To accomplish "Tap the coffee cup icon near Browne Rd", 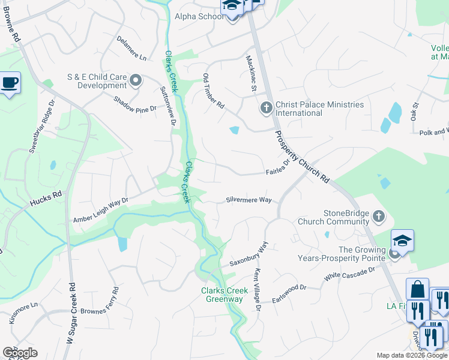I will (x=10, y=82).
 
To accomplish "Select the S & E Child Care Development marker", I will (x=136, y=80).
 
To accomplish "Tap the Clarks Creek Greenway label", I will (x=224, y=295).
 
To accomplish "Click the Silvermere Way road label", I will (x=249, y=200).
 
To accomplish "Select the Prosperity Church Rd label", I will (x=303, y=157).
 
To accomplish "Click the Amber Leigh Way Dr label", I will (x=101, y=211).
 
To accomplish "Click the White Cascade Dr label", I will (x=349, y=274).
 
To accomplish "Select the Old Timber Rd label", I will (x=213, y=91).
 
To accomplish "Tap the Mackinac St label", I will (x=251, y=74).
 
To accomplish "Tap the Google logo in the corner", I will (x=20, y=353).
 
